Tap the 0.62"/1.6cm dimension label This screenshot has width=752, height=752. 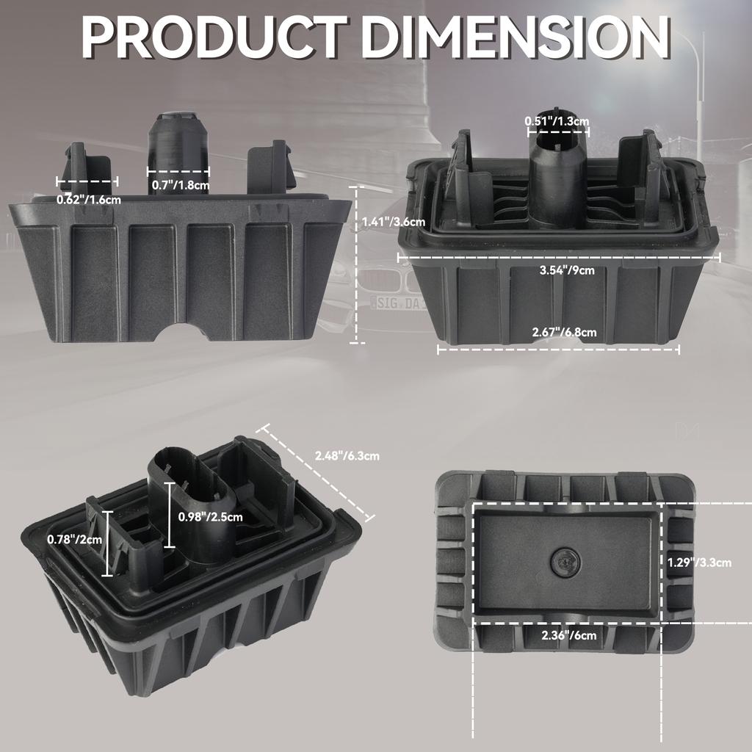click(x=90, y=198)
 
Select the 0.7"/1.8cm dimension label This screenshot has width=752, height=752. click(x=180, y=185)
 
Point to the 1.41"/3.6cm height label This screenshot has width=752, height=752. click(x=394, y=221)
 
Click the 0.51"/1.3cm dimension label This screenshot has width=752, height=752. click(x=557, y=120)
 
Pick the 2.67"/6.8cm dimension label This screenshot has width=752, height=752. click(x=564, y=333)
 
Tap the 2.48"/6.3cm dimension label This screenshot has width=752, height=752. click(x=347, y=455)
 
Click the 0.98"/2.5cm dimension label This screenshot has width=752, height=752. click(x=211, y=516)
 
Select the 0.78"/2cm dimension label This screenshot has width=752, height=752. click(x=75, y=540)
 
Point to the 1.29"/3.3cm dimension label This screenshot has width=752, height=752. click(x=699, y=563)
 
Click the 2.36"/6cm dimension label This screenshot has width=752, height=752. click(x=568, y=635)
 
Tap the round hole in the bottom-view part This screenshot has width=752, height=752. click(x=565, y=562)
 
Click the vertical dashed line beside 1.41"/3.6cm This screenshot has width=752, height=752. click(x=357, y=264)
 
